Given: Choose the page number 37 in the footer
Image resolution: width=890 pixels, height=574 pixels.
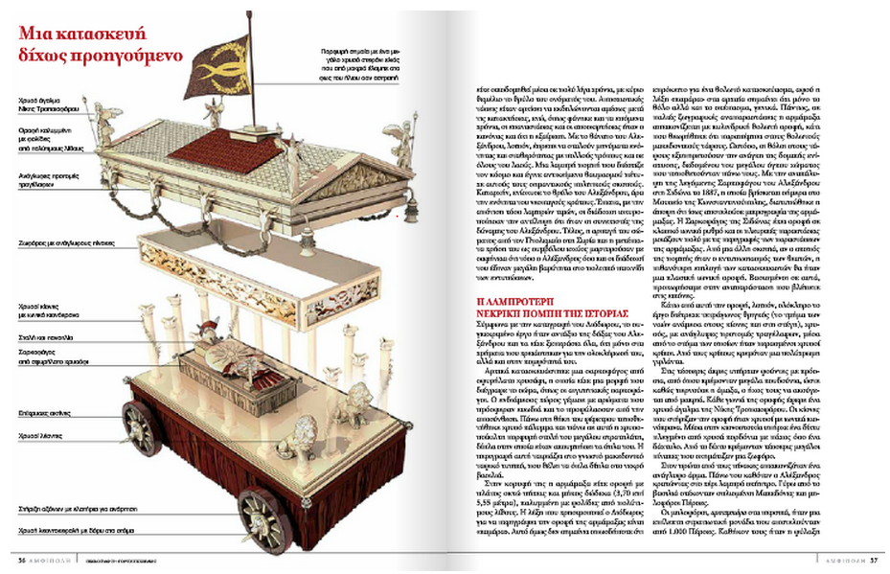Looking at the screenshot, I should [874, 562].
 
